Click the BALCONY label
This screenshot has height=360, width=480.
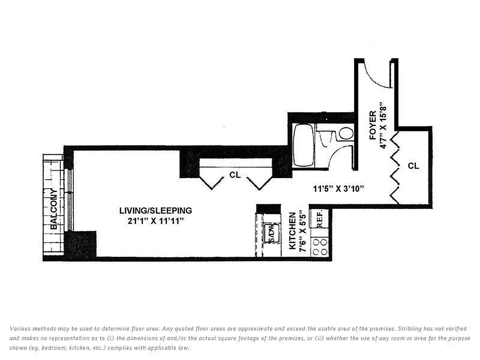pyautogui.click(x=54, y=209)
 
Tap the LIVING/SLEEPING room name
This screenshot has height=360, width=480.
pyautogui.click(x=156, y=211)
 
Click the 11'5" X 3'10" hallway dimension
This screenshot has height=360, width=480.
pyautogui.click(x=338, y=189)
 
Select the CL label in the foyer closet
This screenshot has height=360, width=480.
pyautogui.click(x=413, y=166)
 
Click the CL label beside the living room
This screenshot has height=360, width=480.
pyautogui.click(x=235, y=175)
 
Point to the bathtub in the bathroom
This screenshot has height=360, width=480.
pyautogui.click(x=303, y=145)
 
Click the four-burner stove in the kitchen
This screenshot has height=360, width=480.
pyautogui.click(x=320, y=247)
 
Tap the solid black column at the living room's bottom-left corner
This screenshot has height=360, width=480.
pyautogui.click(x=81, y=244)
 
